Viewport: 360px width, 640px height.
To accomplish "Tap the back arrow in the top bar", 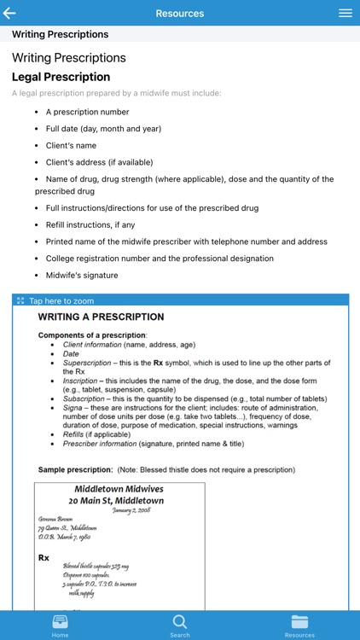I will click(x=10, y=14).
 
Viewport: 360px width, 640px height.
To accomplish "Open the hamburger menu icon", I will click(x=345, y=14).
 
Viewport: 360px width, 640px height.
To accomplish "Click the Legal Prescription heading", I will click(x=61, y=77).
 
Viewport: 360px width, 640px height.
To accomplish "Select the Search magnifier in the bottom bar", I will click(x=180, y=621).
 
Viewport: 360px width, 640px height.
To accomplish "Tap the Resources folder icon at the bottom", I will click(x=299, y=621).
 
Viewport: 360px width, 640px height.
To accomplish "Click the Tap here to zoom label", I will click(x=61, y=301).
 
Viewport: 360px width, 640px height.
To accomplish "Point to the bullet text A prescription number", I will click(x=87, y=112).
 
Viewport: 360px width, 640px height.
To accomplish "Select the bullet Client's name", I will click(x=71, y=146).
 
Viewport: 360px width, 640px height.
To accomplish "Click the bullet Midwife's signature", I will click(x=82, y=276).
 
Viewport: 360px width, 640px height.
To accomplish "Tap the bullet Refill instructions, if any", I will click(x=90, y=224).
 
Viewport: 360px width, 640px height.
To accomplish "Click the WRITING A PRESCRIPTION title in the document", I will click(x=101, y=317).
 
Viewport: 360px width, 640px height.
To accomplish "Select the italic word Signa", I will click(x=73, y=406).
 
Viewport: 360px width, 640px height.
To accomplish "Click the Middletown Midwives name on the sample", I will click(x=119, y=489).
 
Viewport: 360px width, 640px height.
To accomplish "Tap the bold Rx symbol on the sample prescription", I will click(x=44, y=558).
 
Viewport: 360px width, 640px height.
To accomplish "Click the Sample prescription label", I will click(x=75, y=470).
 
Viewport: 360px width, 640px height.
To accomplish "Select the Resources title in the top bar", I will click(x=180, y=14).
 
